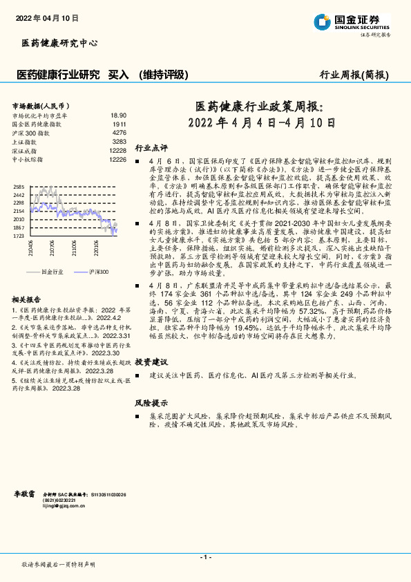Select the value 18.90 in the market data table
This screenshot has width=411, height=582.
point(118,115)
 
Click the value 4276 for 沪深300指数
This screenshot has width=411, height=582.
point(119,132)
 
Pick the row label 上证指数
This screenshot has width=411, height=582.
point(26,141)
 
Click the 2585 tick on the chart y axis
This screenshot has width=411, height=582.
point(19,187)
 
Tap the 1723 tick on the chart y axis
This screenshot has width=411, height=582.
point(19,236)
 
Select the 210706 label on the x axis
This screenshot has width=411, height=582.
point(52,247)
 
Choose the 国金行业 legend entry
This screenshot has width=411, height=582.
point(52,272)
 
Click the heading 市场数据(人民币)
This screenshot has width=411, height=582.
point(35,105)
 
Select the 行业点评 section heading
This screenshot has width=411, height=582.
point(151,147)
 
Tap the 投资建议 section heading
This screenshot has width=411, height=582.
point(151,362)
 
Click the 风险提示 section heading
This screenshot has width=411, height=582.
point(151,402)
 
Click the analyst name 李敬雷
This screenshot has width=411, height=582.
point(25,496)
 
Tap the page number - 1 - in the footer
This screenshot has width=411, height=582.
point(204,557)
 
